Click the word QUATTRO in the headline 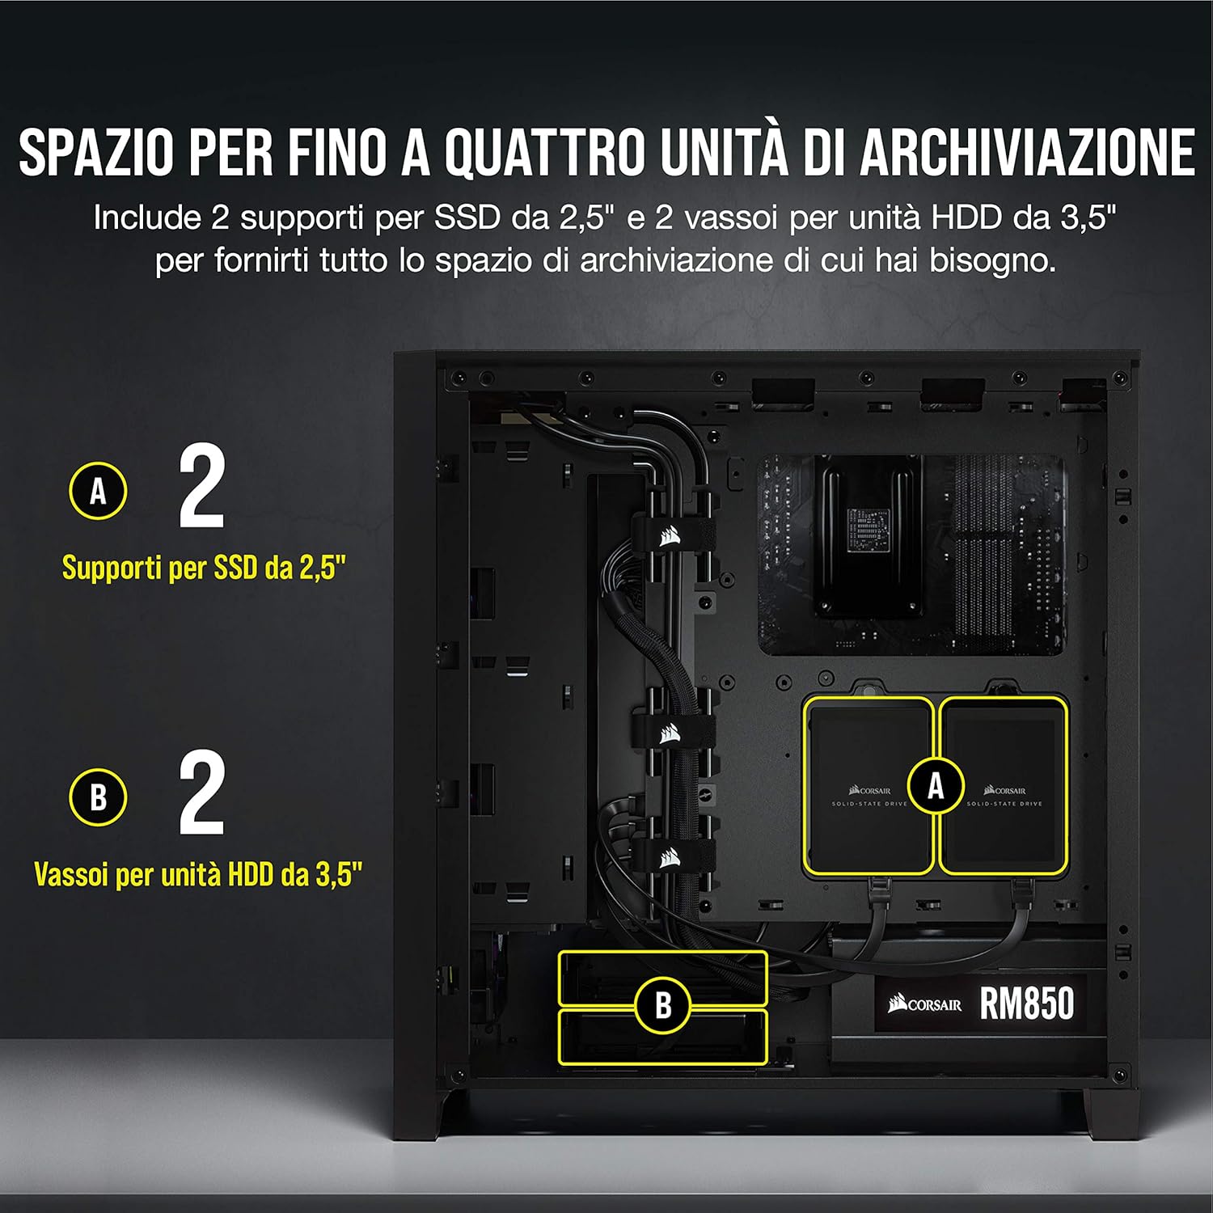point(545,151)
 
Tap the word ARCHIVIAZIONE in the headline point(1027,151)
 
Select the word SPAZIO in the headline point(96,151)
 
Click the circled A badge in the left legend point(98,490)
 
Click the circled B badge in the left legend point(98,797)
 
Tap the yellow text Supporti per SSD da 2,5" point(204,568)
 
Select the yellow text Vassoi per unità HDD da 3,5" point(198,874)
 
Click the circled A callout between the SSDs point(936,785)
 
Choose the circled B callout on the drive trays point(663,1005)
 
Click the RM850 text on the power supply point(1027,1004)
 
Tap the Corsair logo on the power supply point(925,1004)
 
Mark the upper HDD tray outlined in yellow point(662,978)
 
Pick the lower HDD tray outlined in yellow point(662,1036)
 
